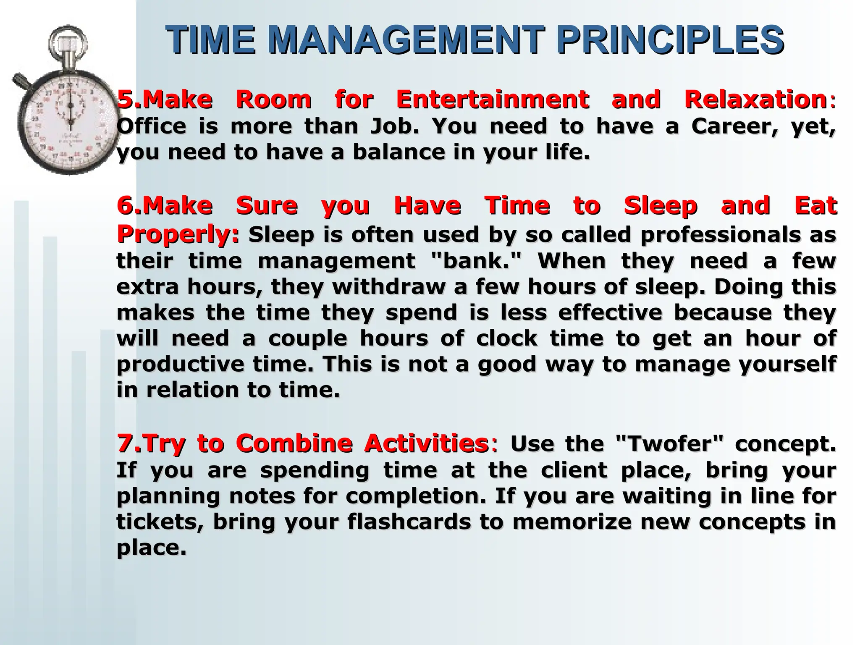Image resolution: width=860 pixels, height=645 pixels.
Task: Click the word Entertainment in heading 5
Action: coord(492,100)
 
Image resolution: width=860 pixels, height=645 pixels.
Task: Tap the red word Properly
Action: coord(176,234)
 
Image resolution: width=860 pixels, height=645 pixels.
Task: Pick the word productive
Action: coord(180,364)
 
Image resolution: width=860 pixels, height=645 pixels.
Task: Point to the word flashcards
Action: coord(409,522)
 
